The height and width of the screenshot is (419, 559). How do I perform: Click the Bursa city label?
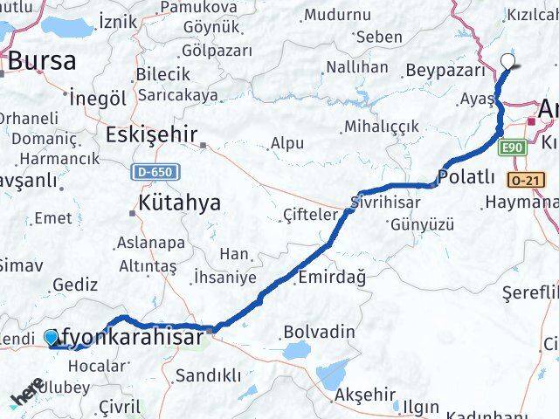(x=42, y=61)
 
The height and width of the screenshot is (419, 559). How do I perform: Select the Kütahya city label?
(x=179, y=203)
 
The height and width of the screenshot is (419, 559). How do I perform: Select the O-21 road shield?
(x=528, y=180)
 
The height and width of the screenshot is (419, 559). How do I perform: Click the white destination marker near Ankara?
(x=508, y=60)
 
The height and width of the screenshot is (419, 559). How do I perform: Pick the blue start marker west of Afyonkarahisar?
(x=52, y=337)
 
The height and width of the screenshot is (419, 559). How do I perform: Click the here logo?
(x=28, y=395)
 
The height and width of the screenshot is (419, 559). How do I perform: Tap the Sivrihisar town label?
(x=385, y=202)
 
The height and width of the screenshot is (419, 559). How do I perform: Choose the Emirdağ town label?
(x=332, y=276)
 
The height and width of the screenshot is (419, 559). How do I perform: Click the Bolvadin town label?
(x=319, y=332)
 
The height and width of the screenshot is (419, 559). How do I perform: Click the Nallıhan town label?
(x=355, y=67)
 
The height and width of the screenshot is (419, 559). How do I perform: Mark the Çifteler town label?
(x=310, y=215)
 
